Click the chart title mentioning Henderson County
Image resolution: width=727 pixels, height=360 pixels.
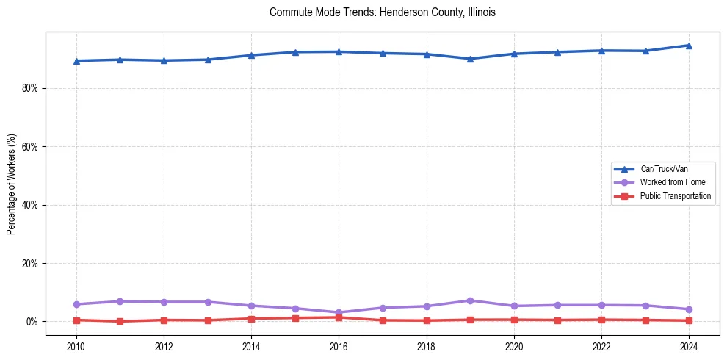[x=383, y=12]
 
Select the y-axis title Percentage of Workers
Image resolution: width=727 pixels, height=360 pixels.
[x=11, y=184]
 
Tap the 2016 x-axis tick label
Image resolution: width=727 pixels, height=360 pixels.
[x=339, y=346]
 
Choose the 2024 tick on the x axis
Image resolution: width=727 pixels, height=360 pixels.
[x=689, y=346]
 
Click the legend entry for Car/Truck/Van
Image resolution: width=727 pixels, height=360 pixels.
[x=663, y=169]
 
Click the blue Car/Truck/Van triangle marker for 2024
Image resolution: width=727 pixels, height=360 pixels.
[x=689, y=46]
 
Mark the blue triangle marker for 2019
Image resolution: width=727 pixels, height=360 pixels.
[x=470, y=59]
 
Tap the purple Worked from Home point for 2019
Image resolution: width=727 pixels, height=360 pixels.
[x=470, y=300]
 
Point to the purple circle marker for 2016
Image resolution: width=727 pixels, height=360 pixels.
[x=339, y=312]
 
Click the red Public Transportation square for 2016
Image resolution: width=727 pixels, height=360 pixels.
[x=339, y=317]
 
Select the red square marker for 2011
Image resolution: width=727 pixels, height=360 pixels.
[x=120, y=321]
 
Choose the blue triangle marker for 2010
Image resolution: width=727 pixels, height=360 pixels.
[x=76, y=61]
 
